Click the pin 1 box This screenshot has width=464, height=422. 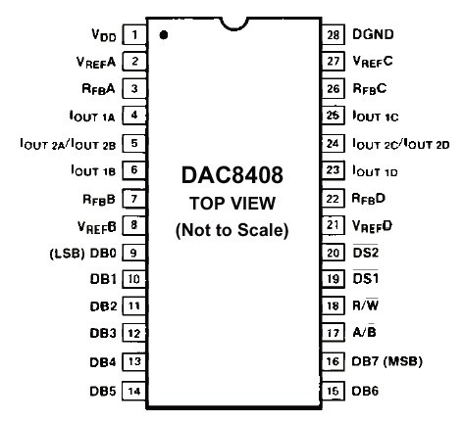134,34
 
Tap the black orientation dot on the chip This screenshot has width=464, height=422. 164,35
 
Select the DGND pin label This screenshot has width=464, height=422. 373,34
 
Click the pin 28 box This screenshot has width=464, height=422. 334,34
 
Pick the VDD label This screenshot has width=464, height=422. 104,34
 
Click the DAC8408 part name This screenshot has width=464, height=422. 232,175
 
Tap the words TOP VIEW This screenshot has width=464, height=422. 232,203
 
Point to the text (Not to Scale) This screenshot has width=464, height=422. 232,230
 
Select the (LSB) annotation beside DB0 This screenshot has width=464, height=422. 67,253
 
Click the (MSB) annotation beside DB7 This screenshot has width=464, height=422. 402,361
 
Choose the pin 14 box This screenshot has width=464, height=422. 134,391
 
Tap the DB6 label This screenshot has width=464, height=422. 365,391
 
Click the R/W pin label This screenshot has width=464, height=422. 366,305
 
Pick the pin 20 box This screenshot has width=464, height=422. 334,253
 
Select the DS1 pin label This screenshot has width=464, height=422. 366,278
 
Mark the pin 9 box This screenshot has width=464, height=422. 134,253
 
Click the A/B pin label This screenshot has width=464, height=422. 364,332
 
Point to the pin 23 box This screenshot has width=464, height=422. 334,170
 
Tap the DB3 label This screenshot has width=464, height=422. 103,333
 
